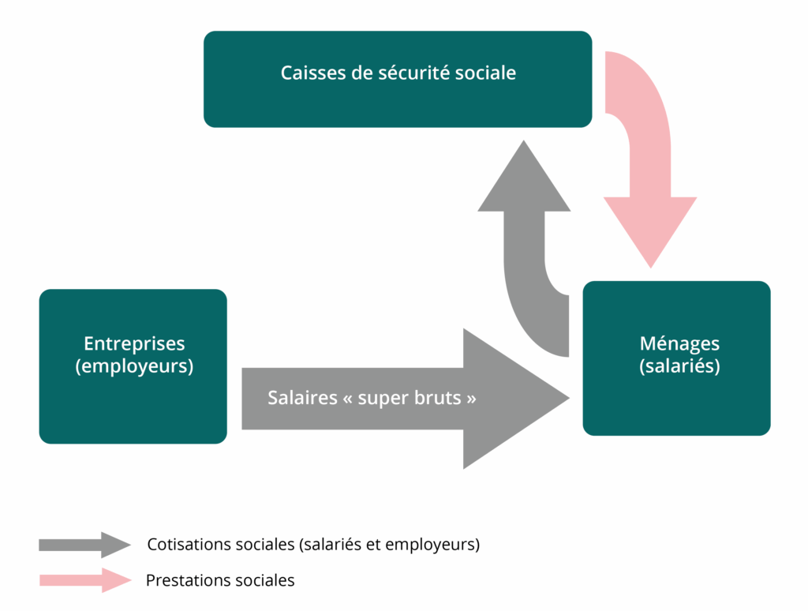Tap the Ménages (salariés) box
point(676,403)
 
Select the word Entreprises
point(134,344)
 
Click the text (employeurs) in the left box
point(134,366)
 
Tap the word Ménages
point(679,344)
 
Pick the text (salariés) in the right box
point(679,366)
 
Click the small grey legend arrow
point(84,545)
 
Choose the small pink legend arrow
point(84,581)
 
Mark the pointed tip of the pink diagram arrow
point(650,264)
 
